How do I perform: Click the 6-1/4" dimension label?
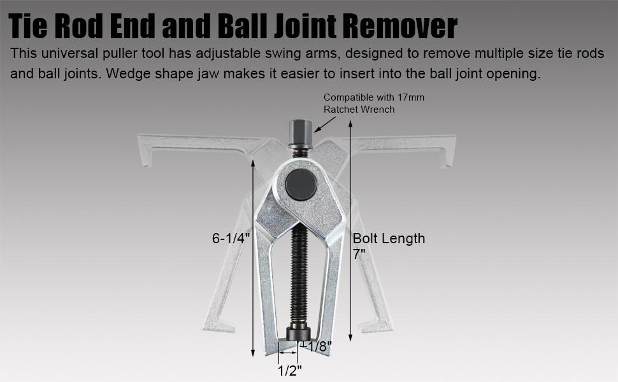231,238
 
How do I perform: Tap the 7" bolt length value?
359,255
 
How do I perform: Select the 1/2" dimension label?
290,370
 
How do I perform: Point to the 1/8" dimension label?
320,346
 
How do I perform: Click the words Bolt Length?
389,239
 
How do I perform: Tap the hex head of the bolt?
301,133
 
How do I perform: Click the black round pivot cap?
301,184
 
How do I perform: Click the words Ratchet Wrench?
359,110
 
